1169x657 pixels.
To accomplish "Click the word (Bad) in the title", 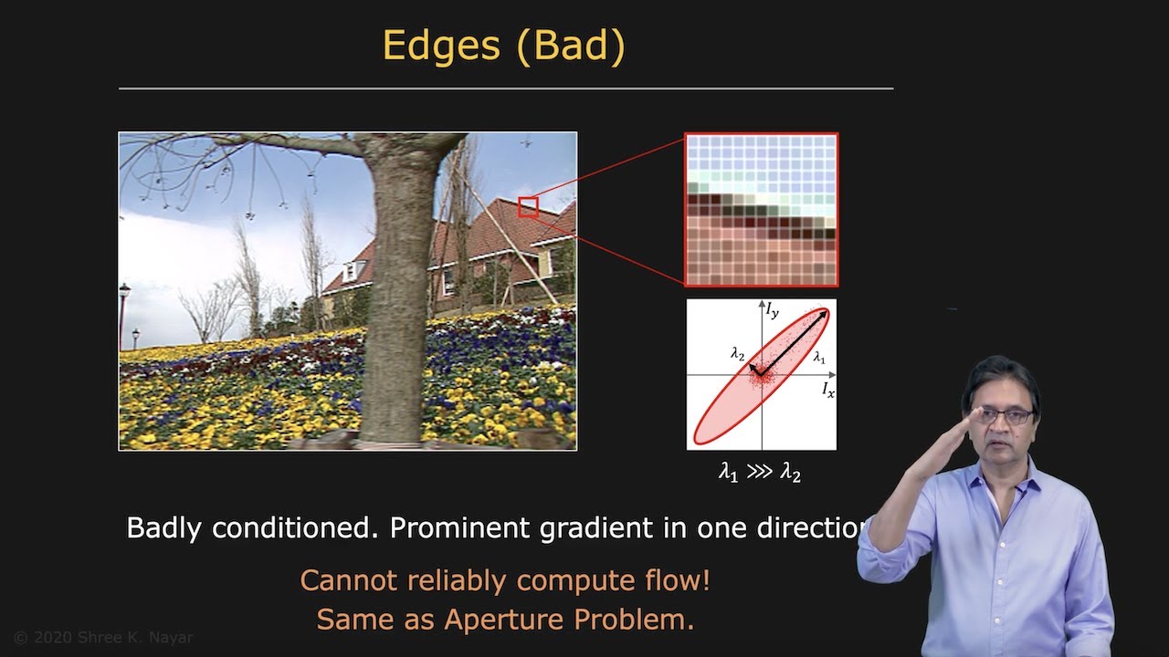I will click(x=570, y=46).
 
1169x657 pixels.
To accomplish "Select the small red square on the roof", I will click(x=528, y=207).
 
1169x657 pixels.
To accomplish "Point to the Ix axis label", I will click(x=827, y=390).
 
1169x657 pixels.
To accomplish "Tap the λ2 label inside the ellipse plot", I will click(x=738, y=353).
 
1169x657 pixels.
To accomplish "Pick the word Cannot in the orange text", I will click(x=348, y=580).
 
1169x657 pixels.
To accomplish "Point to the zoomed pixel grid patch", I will click(x=761, y=210).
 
